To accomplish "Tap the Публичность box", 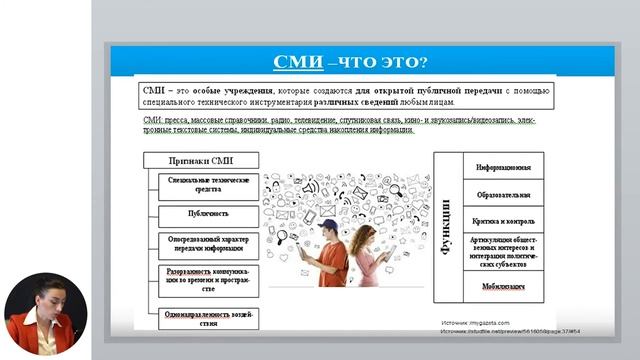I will click(208, 213).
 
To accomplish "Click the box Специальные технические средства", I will click(208, 183).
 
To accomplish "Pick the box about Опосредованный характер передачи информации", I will click(208, 244).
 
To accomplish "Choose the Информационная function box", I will click(503, 166).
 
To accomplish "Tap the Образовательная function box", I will click(503, 193).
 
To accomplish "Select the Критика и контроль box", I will click(503, 220).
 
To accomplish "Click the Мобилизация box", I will click(503, 285).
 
